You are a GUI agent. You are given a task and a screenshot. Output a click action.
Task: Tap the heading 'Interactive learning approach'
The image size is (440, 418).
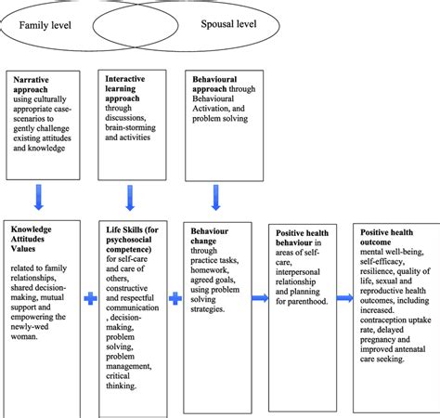124,86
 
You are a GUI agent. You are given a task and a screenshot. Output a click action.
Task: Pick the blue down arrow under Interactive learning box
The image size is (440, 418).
128,197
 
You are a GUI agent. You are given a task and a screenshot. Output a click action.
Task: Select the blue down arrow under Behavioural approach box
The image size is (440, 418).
215,197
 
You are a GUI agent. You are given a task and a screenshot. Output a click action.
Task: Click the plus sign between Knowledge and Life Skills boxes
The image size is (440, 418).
90,299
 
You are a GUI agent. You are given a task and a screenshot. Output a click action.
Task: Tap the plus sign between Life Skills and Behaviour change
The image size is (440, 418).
174,299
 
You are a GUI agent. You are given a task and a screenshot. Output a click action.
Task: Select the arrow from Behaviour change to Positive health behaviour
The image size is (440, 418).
256,298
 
